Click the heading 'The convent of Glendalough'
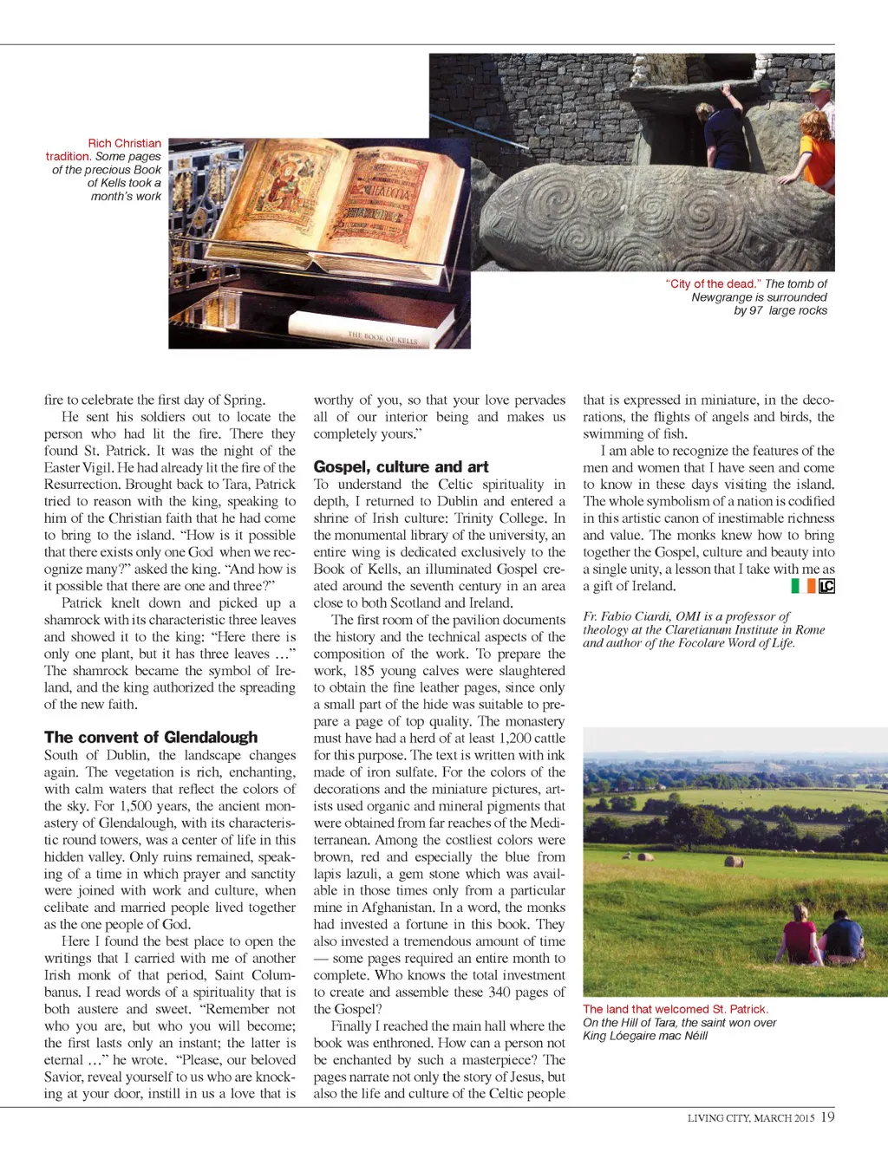pyautogui.click(x=151, y=738)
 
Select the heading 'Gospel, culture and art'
pyautogui.click(x=401, y=467)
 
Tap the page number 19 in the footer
pyautogui.click(x=827, y=1117)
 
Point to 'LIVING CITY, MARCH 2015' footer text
pyautogui.click(x=751, y=1118)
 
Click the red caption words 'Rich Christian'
pyautogui.click(x=124, y=143)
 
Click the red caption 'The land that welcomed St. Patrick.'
pyautogui.click(x=676, y=1009)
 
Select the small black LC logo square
pyautogui.click(x=827, y=586)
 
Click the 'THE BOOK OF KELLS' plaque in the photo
pyautogui.click(x=382, y=337)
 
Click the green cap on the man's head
pyautogui.click(x=818, y=88)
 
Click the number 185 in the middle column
pyautogui.click(x=362, y=671)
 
